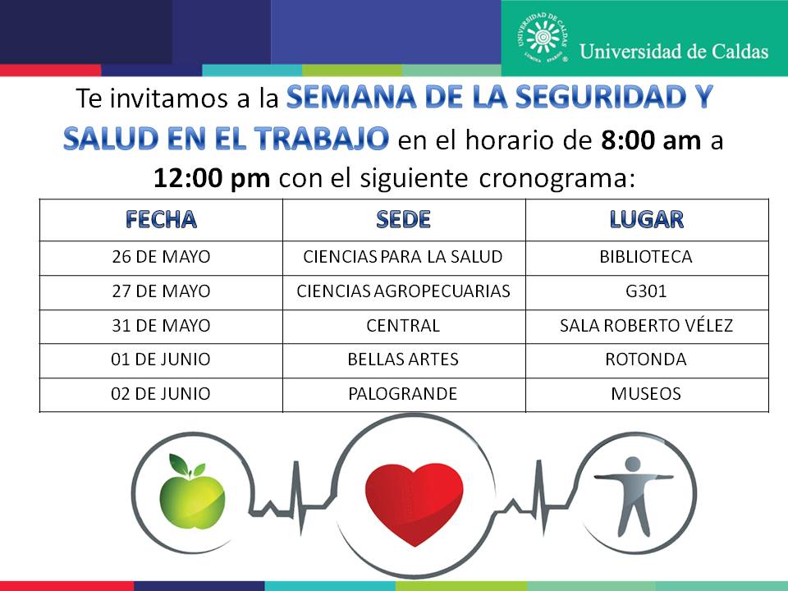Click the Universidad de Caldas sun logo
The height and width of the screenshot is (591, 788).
pos(543,39)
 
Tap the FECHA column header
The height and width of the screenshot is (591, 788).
pos(161,220)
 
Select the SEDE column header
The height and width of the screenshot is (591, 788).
pos(404,220)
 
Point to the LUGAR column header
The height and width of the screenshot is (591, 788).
pos(646,220)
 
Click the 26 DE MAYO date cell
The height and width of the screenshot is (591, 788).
pos(161,257)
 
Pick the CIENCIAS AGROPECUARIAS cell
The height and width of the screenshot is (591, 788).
pos(404,291)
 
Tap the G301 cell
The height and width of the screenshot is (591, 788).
pos(646,291)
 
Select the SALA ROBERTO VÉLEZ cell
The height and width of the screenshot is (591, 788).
pos(646,325)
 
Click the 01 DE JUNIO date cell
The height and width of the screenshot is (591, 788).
pos(161,360)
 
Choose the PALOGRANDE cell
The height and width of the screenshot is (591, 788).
pos(403,393)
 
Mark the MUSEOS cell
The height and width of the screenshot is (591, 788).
pos(646,393)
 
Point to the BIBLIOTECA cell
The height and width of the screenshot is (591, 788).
pos(646,257)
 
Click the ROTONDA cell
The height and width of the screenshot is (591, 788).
pos(646,360)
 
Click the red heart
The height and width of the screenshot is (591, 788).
pos(414,503)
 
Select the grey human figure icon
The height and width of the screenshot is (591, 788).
pos(634,496)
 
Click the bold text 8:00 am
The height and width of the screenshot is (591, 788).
pos(651,140)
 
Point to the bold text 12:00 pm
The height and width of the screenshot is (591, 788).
pos(212,178)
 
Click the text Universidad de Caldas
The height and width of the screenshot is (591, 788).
pos(674,51)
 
